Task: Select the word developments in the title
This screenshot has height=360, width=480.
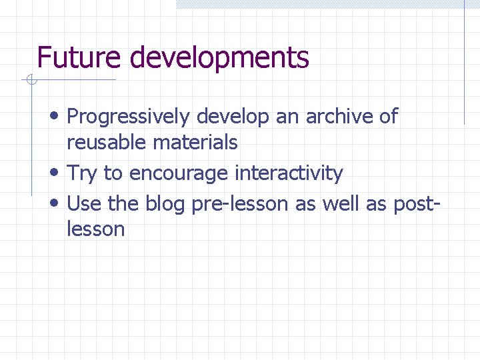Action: point(217,59)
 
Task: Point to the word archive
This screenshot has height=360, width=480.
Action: point(339,117)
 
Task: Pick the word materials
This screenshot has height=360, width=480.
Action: point(195,142)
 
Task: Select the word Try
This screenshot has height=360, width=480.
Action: point(83,174)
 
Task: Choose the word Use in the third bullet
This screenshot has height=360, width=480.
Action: point(83,203)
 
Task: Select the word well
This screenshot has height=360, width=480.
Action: point(341,203)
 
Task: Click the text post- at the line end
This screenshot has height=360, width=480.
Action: point(412,204)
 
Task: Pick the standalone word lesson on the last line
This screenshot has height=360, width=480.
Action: point(96,229)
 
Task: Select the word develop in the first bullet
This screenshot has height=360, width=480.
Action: point(233,117)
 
